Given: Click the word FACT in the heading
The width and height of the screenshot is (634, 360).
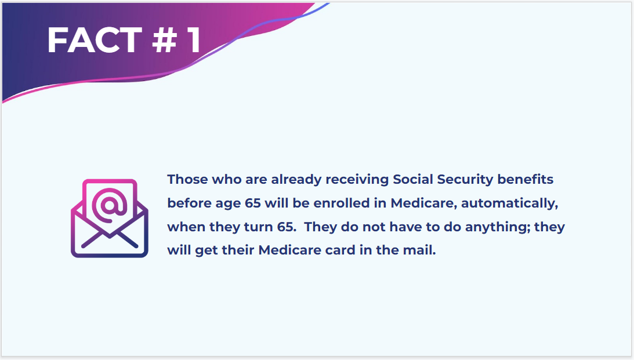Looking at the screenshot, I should click(94, 40).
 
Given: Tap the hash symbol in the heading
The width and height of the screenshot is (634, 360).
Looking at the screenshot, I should click(165, 40).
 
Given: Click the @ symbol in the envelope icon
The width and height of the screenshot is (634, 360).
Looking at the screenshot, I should click(110, 205).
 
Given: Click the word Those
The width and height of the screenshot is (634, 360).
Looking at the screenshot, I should click(187, 179).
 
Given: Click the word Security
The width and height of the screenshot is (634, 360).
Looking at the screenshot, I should click(465, 180).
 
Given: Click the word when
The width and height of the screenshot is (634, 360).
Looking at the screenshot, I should click(185, 227).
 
